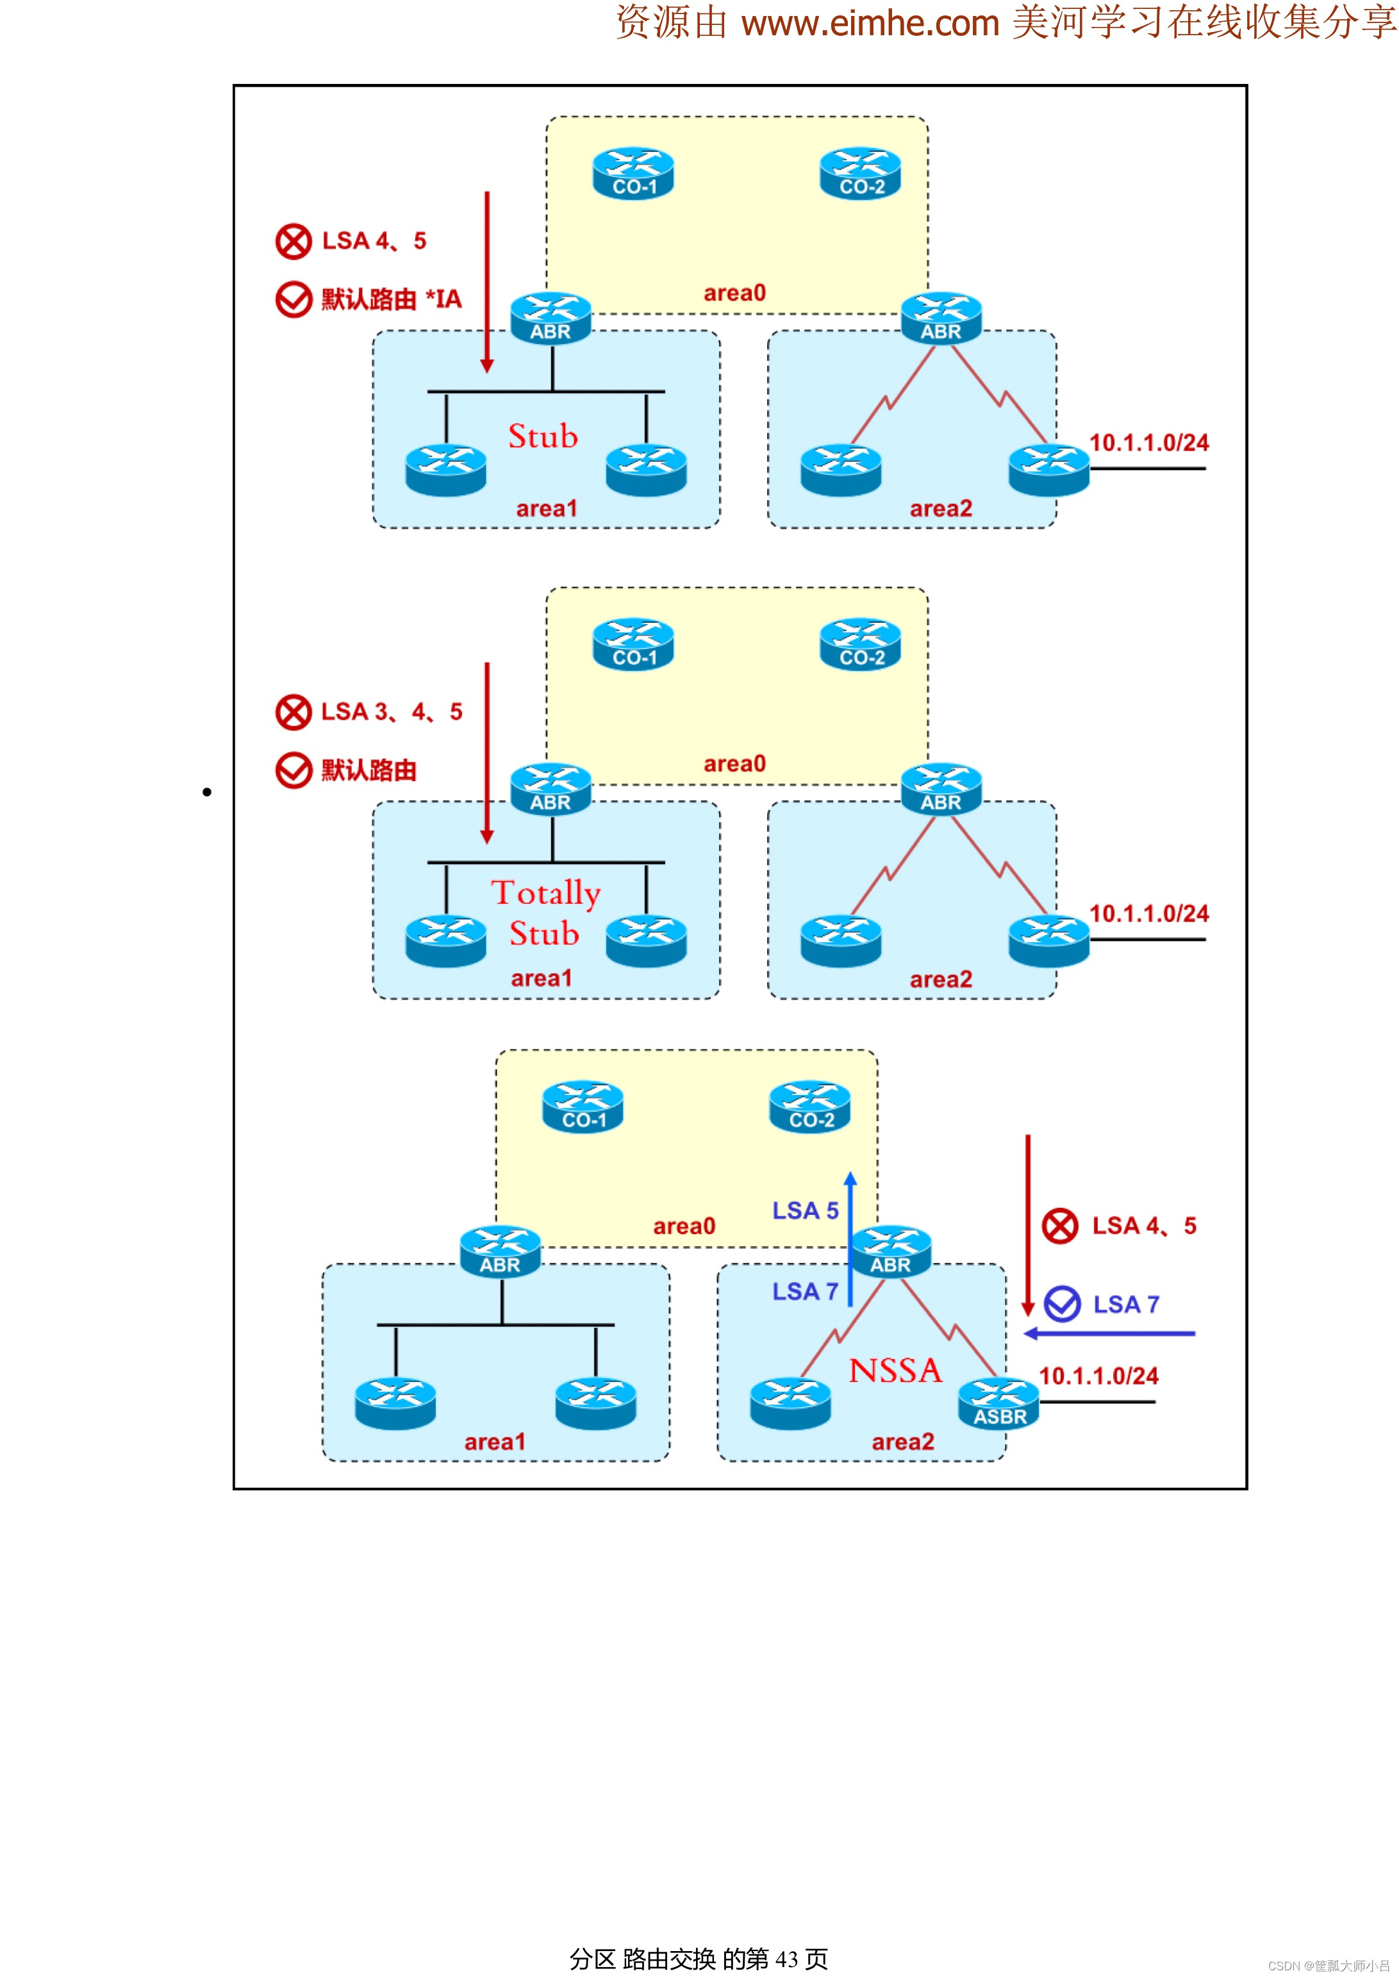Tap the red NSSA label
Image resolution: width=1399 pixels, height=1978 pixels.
[x=895, y=1371]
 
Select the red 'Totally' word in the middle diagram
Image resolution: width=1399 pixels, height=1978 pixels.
[x=545, y=893]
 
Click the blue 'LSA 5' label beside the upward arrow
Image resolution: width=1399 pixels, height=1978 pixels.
[x=804, y=1210]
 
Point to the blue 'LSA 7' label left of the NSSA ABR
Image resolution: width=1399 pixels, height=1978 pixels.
[x=804, y=1291]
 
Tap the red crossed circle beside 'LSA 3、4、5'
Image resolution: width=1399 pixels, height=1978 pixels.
[x=293, y=713]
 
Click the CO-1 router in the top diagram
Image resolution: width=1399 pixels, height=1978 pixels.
[x=633, y=173]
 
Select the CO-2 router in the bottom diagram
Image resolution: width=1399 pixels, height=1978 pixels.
[x=810, y=1107]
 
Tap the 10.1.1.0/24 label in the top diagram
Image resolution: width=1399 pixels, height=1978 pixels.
[x=1148, y=443]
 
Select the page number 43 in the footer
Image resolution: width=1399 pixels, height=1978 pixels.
[x=786, y=1959]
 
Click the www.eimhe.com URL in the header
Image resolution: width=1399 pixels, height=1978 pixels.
[x=870, y=23]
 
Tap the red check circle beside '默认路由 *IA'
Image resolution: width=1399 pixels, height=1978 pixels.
[x=293, y=300]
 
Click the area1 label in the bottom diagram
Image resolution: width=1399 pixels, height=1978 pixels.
[x=495, y=1442]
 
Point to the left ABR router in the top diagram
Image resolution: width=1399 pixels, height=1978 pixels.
[x=550, y=318]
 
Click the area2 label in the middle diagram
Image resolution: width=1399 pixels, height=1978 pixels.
[x=941, y=980]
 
